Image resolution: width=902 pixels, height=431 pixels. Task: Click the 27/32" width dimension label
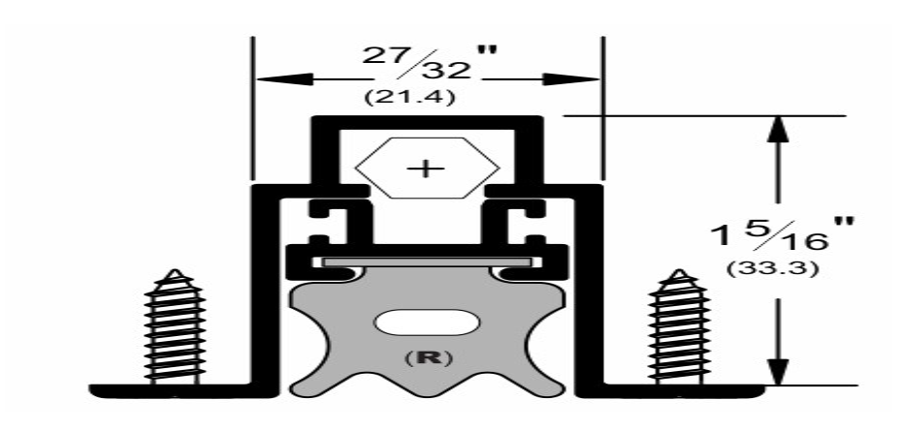(429, 61)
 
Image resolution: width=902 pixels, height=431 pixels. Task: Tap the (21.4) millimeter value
(409, 97)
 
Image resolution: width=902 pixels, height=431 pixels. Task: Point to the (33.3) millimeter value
(771, 268)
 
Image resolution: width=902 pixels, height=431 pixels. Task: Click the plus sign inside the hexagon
(426, 169)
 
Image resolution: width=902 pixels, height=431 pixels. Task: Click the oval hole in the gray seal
(427, 323)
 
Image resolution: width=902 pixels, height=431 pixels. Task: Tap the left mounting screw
(175, 326)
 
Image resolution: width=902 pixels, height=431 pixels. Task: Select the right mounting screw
(679, 326)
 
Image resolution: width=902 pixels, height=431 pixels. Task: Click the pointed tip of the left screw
(175, 269)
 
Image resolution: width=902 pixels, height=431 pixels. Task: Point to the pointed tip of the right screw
(680, 269)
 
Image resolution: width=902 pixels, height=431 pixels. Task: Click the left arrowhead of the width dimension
(284, 79)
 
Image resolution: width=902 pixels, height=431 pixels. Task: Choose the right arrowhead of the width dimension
(571, 79)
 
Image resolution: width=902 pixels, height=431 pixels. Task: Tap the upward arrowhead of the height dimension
(778, 131)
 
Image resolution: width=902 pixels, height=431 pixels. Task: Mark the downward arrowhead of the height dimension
(778, 371)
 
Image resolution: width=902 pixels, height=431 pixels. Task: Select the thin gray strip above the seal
(426, 262)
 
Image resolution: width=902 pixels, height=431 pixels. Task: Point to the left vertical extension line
(252, 108)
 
